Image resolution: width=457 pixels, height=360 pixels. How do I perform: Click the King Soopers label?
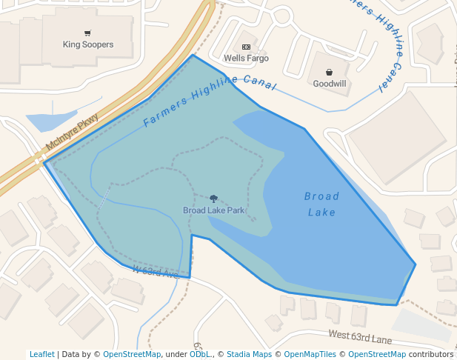[88, 44]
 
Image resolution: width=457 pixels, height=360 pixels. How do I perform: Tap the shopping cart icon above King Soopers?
[88, 33]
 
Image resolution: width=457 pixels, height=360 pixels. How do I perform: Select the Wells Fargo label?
[246, 58]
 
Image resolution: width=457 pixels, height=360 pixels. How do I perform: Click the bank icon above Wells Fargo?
[246, 47]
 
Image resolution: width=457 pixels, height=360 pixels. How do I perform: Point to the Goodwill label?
[329, 84]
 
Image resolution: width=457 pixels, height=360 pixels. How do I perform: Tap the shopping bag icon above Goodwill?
[329, 73]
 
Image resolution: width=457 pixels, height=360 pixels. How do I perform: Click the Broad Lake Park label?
[214, 210]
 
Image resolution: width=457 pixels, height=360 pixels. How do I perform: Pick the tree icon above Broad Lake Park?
[214, 199]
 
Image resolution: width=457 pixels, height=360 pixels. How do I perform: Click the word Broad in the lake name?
[321, 196]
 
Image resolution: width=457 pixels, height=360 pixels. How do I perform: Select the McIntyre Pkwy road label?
[72, 133]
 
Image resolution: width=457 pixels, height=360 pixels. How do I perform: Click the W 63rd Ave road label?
[156, 272]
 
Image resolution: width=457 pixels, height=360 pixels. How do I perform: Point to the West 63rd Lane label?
[360, 338]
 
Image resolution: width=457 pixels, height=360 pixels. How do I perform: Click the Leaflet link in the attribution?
[41, 354]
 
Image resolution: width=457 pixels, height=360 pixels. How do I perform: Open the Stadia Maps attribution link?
[249, 354]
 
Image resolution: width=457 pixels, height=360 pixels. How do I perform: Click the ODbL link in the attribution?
[200, 354]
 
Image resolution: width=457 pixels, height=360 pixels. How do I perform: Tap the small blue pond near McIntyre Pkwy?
[48, 121]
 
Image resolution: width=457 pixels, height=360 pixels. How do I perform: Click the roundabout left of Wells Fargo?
[282, 15]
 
